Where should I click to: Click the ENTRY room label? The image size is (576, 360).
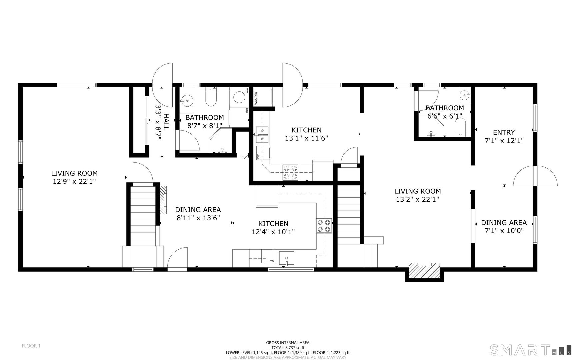(x=504, y=132)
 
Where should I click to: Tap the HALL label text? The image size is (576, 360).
(x=166, y=122)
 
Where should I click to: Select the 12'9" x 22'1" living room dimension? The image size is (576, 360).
(x=74, y=181)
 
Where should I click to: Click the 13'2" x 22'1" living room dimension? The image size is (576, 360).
(x=417, y=199)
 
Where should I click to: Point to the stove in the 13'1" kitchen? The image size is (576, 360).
(x=290, y=172)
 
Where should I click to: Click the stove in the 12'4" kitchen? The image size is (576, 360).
(x=324, y=226)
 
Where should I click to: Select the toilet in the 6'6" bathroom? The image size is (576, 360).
(x=460, y=128)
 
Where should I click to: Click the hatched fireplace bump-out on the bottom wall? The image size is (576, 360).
(x=424, y=270)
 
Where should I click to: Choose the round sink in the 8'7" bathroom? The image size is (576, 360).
(x=187, y=99)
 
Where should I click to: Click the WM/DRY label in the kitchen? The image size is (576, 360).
(x=256, y=98)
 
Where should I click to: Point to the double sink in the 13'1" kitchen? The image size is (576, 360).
(x=262, y=134)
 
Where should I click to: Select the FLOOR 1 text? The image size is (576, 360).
(x=31, y=346)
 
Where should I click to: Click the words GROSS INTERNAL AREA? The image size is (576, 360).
(x=287, y=342)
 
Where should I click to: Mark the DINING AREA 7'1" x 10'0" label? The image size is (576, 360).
(x=504, y=226)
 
